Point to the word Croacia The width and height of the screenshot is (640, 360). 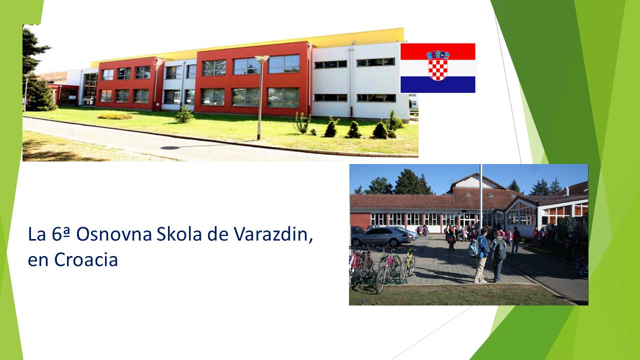(x=86, y=259)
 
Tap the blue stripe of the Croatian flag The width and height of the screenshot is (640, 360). (x=437, y=84)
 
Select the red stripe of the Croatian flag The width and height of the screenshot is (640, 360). (x=437, y=51)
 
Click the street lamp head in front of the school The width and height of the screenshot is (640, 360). (x=261, y=59)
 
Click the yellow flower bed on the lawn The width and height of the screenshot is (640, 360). (x=114, y=116)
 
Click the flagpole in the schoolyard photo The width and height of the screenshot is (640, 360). (x=480, y=197)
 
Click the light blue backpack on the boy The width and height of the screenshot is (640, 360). (x=474, y=246)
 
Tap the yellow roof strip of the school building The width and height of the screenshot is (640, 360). (x=248, y=46)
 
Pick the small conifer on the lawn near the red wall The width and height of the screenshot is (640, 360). (x=184, y=114)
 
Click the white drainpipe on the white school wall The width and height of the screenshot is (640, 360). (x=351, y=83)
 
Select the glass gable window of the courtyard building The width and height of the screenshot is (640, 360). (x=520, y=213)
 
